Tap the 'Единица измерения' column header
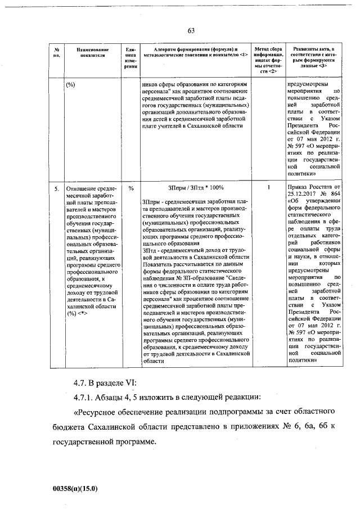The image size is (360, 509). [x=130, y=57]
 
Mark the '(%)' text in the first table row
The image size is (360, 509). [x=71, y=84]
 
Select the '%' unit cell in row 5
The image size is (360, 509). [x=130, y=188]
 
